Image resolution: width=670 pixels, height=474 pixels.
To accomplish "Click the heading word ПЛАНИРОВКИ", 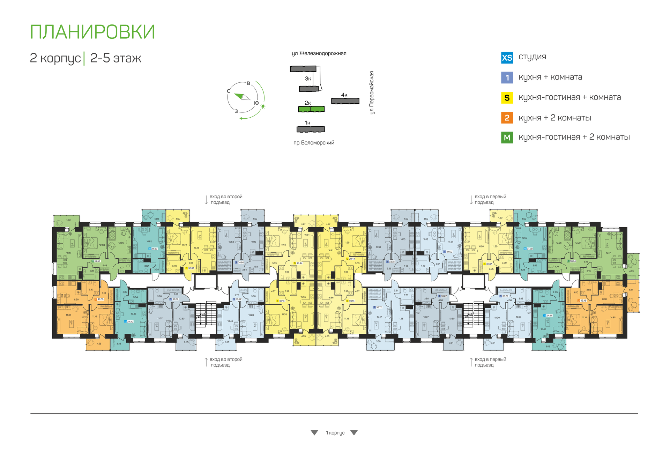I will click(x=92, y=32).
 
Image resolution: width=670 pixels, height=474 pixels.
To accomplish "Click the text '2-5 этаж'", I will click(x=116, y=58).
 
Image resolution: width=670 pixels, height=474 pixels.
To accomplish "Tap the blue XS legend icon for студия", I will click(x=507, y=58).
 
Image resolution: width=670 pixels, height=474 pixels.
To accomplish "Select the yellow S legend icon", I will click(x=507, y=98).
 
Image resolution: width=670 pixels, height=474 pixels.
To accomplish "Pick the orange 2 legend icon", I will click(x=507, y=118).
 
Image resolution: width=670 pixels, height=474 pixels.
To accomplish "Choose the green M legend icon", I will click(x=507, y=138).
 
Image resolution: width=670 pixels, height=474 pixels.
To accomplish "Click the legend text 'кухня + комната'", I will click(x=550, y=77).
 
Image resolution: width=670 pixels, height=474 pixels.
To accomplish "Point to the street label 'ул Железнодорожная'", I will click(x=319, y=53).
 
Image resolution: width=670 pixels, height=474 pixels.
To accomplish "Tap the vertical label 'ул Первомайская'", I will click(x=372, y=92).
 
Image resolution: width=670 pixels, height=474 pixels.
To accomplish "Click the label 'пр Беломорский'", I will click(x=314, y=143).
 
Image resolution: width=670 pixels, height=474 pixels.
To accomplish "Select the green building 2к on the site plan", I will click(x=311, y=109).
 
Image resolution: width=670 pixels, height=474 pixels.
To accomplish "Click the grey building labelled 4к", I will click(x=345, y=101).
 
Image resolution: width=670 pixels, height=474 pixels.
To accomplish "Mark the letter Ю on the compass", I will click(x=256, y=103).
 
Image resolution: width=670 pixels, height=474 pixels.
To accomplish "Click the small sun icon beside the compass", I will click(x=263, y=106).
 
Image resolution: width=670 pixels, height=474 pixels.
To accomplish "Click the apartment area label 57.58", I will click(x=97, y=261).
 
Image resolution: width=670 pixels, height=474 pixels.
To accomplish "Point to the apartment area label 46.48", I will click(x=583, y=301).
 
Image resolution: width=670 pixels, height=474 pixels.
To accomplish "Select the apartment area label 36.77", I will click(x=379, y=308).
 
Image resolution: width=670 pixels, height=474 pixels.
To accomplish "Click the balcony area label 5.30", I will click(x=378, y=341).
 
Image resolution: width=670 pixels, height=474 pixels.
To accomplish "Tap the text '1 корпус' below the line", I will click(x=335, y=433).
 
